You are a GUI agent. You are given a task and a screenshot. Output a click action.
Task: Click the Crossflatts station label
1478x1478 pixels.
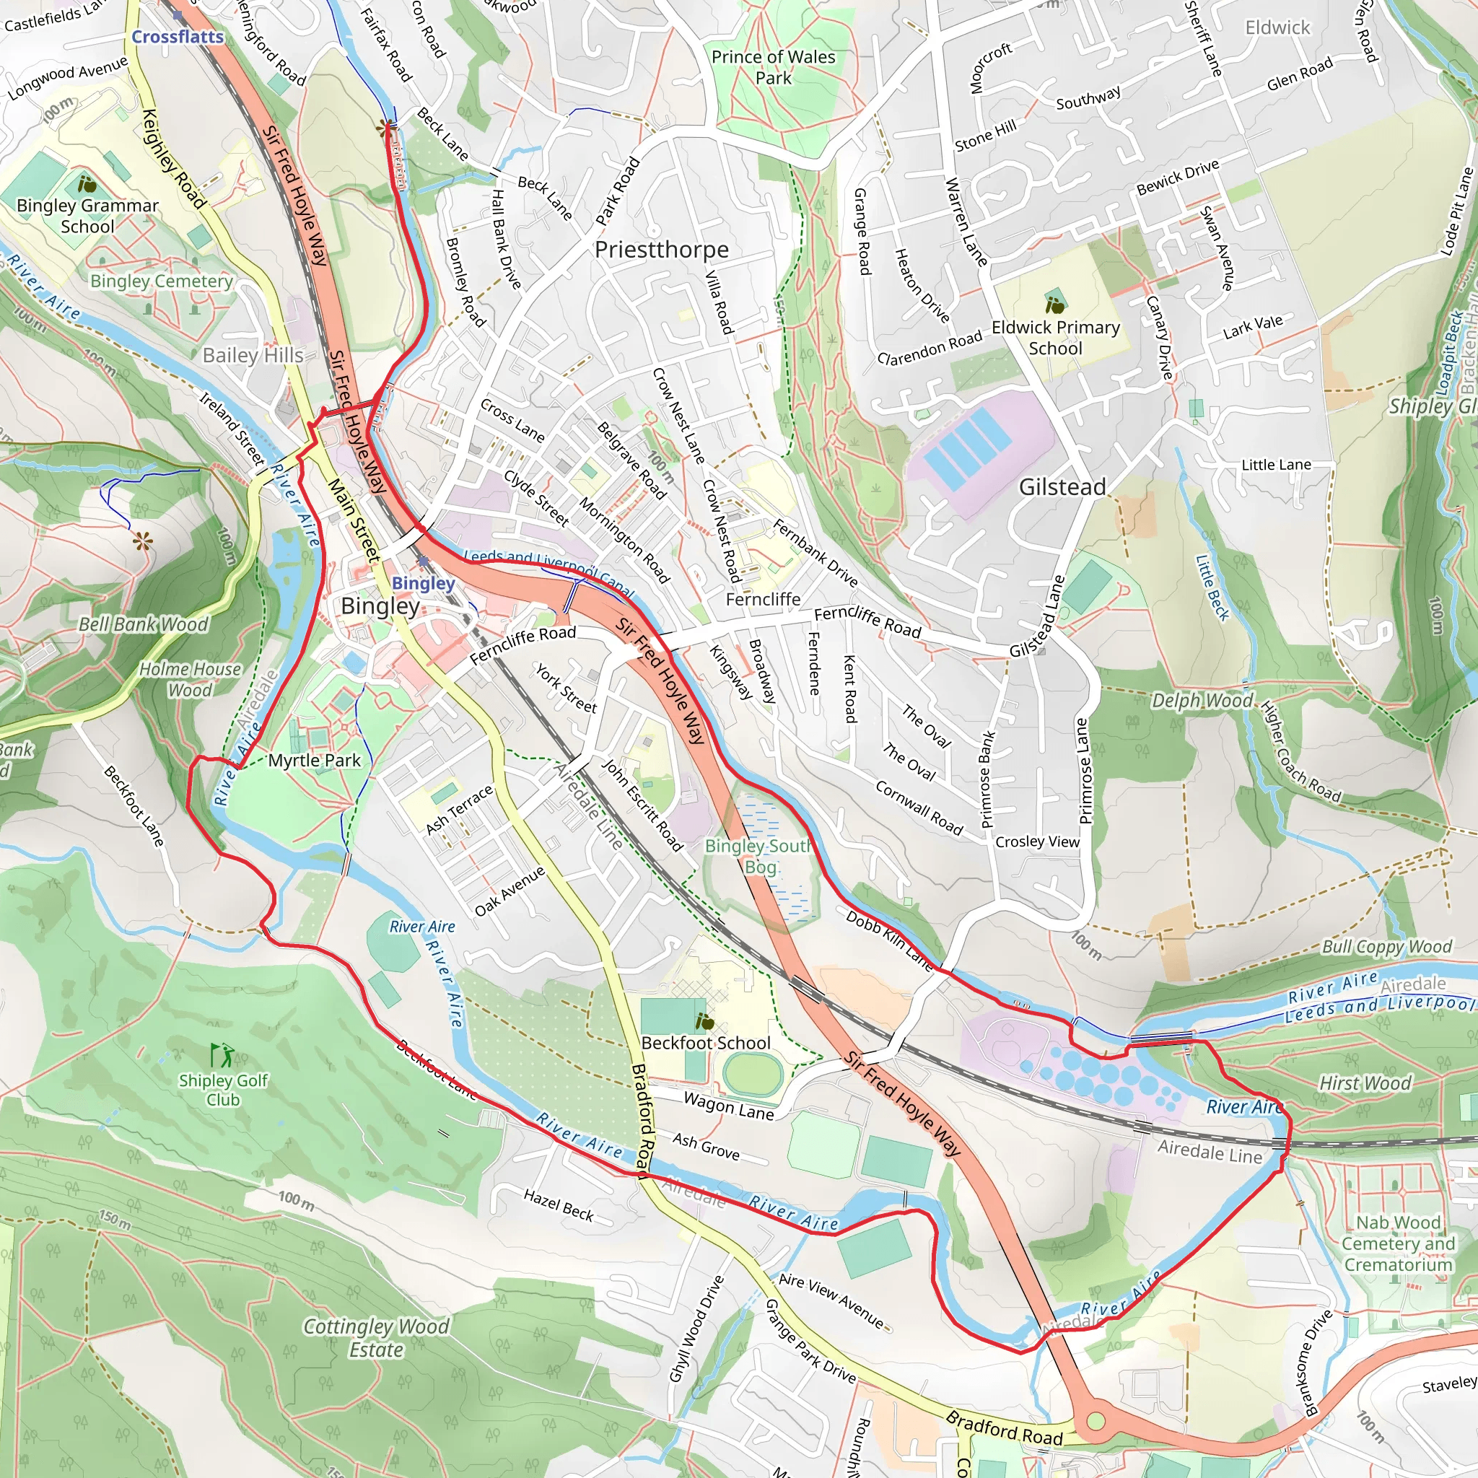point(178,37)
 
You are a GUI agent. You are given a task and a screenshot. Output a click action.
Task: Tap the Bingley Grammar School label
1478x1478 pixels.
point(87,216)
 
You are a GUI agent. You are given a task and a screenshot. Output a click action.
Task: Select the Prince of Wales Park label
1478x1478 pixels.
point(773,67)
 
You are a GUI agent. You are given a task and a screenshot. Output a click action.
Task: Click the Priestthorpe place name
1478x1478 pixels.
point(661,250)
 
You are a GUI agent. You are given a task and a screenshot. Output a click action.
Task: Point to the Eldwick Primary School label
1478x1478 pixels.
point(1055,337)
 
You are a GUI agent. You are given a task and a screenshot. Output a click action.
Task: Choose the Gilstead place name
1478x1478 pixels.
point(1062,486)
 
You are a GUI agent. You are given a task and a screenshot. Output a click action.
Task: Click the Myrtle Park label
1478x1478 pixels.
point(314,761)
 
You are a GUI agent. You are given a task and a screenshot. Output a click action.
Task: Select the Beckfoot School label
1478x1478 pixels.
point(705,1044)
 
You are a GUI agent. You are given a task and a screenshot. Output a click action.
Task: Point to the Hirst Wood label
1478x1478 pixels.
point(1365,1083)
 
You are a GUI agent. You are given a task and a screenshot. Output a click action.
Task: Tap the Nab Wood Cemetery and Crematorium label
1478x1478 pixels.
point(1398,1243)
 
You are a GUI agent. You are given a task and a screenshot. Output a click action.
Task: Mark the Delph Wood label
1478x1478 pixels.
point(1202,701)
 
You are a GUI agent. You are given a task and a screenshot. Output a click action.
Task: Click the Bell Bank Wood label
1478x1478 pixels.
point(143,624)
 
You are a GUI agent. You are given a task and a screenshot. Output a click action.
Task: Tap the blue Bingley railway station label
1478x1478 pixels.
point(423,583)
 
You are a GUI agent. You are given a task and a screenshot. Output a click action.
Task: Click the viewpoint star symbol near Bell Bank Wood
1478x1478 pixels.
point(142,543)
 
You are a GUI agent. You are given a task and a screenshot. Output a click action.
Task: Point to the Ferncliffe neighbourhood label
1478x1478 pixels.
point(763,599)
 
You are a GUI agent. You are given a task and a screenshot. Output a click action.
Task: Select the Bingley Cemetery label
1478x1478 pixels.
point(162,281)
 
